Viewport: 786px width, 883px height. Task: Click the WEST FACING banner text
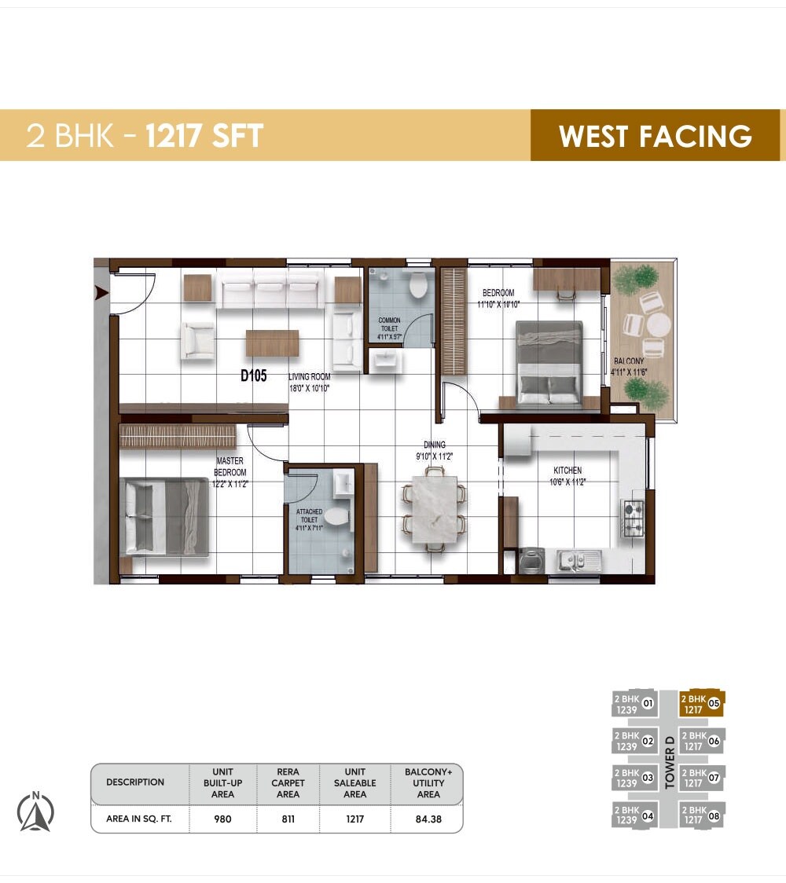655,136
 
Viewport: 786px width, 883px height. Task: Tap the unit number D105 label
254,376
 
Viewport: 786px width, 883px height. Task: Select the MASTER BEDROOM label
230,467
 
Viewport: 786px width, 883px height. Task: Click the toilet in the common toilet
418,284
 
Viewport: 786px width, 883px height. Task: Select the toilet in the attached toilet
337,517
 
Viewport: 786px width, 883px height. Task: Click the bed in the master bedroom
163,517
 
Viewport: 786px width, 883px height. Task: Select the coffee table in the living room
272,343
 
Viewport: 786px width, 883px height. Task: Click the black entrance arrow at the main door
101,293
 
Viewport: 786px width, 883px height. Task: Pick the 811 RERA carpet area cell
288,819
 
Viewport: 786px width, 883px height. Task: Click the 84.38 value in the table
428,819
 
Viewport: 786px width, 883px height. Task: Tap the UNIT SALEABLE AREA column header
355,782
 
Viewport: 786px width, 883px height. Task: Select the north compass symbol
36,812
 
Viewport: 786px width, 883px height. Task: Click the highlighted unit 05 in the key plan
700,703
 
